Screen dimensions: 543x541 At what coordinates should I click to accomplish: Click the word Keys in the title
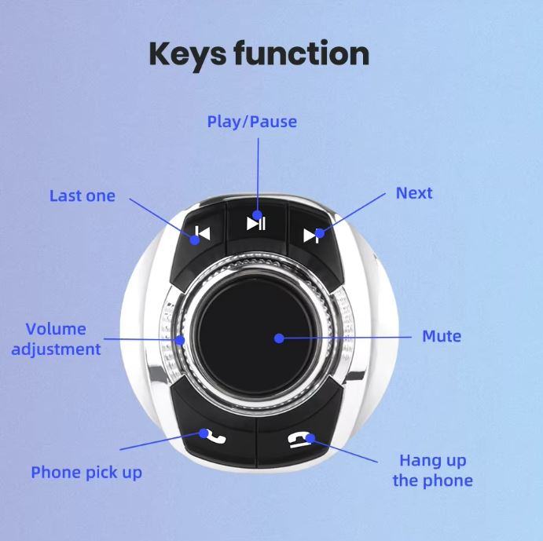[188, 56]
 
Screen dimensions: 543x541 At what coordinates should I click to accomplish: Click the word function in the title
[301, 53]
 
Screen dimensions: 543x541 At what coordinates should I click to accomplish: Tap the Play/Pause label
[251, 122]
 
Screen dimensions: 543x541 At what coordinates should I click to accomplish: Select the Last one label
[83, 196]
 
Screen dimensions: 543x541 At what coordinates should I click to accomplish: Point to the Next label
[414, 193]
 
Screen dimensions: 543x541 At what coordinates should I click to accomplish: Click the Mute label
[442, 336]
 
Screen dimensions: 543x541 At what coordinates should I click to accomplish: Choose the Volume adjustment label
[56, 339]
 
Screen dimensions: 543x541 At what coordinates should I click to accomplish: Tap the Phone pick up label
[86, 473]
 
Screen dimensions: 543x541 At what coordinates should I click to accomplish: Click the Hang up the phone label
[432, 471]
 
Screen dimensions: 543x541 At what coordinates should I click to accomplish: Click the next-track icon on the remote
[311, 236]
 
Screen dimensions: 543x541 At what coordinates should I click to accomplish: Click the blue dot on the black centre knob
[279, 338]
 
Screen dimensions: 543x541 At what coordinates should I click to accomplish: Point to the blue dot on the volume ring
[180, 340]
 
